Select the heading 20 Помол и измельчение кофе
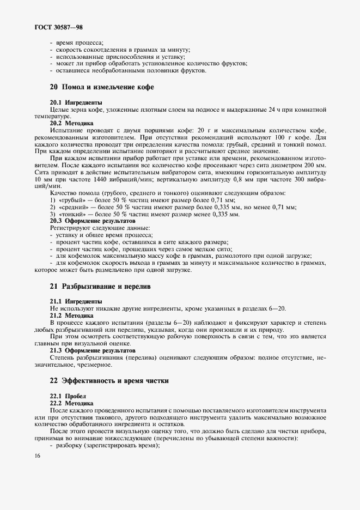coord(102,87)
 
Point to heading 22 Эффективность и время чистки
coord(109,381)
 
